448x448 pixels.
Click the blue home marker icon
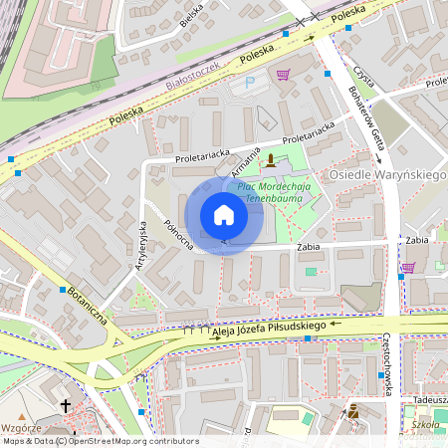[224, 215]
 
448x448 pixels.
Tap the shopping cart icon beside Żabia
[407, 267]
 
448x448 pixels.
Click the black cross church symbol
[66, 406]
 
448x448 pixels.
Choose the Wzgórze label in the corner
[22, 425]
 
